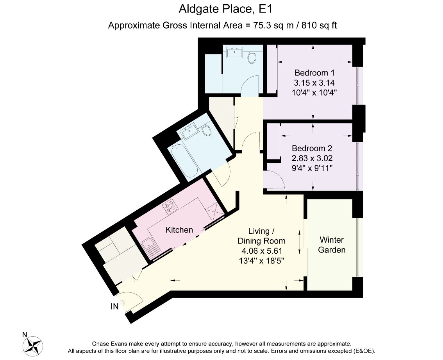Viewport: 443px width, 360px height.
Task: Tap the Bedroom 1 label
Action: (x=314, y=73)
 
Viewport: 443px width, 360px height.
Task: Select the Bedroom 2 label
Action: (x=312, y=149)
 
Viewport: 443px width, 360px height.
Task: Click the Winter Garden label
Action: (x=332, y=245)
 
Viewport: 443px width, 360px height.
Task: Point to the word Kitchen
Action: (x=179, y=229)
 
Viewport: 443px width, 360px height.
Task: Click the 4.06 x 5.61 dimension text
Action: (x=261, y=251)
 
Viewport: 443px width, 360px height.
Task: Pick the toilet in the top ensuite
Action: (x=252, y=57)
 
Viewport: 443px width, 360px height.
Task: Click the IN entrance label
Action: (x=114, y=306)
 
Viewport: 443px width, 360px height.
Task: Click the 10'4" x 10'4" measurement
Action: (x=314, y=93)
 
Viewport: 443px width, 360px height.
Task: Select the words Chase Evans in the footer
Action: (x=109, y=344)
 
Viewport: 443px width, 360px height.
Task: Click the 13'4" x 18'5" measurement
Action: (x=261, y=260)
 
